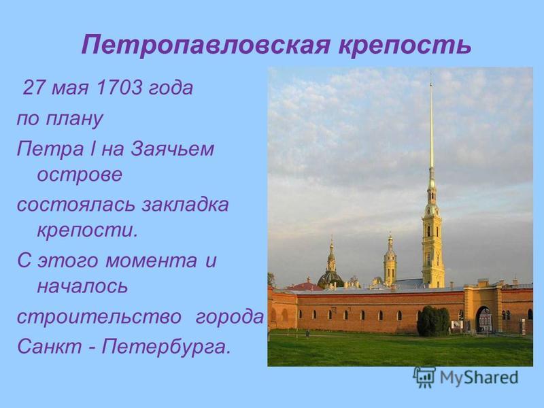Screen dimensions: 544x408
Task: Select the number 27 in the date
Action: pyautogui.click(x=34, y=88)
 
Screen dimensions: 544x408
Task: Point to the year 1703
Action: pyautogui.click(x=118, y=88)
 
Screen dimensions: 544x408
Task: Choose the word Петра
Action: pyautogui.click(x=50, y=150)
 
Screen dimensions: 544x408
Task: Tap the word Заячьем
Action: pyautogui.click(x=172, y=148)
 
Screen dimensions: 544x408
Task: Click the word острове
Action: pyautogui.click(x=80, y=175)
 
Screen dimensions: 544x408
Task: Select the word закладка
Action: pyautogui.click(x=185, y=205)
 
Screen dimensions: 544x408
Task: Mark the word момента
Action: pyautogui.click(x=151, y=261)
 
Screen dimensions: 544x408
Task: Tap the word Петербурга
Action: pyautogui.click(x=166, y=347)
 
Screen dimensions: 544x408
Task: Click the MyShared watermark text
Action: pyautogui.click(x=479, y=377)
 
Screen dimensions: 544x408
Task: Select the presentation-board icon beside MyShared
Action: pyautogui.click(x=424, y=377)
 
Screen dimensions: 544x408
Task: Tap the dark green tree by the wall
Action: pyautogui.click(x=433, y=321)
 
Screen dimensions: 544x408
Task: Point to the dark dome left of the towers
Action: pyautogui.click(x=330, y=277)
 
